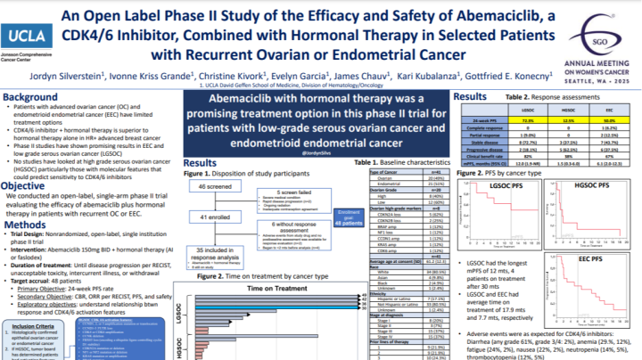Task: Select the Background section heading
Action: click(x=37, y=96)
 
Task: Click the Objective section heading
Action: click(x=30, y=185)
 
